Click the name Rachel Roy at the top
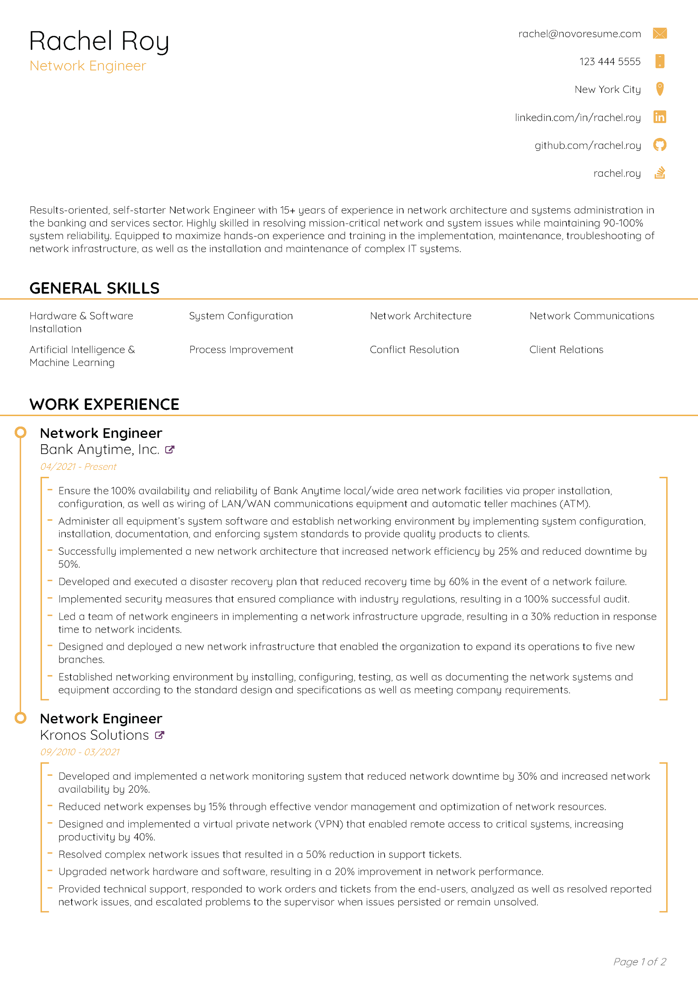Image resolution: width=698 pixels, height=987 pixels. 99,42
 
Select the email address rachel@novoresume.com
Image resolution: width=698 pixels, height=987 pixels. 579,34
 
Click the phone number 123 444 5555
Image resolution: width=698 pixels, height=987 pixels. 609,62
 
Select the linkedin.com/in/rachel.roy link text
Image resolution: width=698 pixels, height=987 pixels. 578,118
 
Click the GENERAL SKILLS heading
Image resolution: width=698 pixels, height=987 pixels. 94,288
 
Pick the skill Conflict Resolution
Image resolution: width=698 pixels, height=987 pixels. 414,350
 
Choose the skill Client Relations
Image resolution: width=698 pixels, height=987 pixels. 566,350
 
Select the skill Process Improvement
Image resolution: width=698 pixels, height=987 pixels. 241,350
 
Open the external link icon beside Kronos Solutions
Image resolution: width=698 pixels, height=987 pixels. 160,735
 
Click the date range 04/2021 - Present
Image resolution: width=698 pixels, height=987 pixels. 78,467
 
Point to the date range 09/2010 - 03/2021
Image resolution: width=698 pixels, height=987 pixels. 80,752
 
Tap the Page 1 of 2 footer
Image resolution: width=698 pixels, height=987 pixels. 639,962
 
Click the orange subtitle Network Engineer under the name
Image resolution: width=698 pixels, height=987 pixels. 88,66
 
